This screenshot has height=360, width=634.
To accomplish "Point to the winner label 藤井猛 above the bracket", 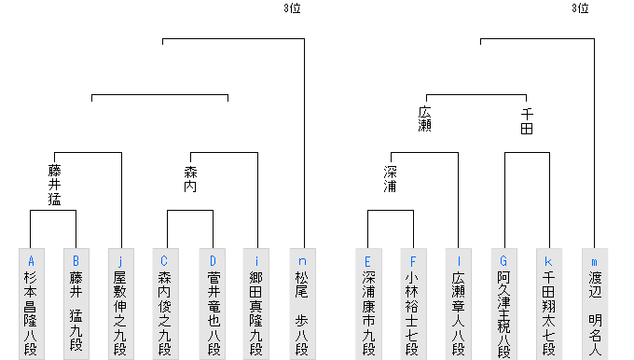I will pyautogui.click(x=54, y=185).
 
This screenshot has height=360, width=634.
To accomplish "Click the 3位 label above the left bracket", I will pyautogui.click(x=292, y=9).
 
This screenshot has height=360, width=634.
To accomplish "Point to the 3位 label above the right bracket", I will pyautogui.click(x=580, y=9).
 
